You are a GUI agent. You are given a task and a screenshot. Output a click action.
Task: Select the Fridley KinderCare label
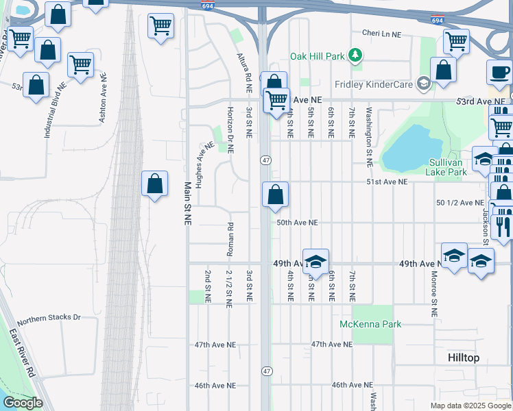tap(374, 84)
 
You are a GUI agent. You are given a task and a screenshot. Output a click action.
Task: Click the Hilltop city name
tap(463, 358)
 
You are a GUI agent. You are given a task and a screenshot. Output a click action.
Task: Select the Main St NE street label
tap(187, 203)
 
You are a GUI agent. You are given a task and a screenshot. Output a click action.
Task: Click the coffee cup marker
tap(499, 72)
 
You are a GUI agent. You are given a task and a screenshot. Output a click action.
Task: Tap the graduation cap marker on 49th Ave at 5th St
tap(315, 261)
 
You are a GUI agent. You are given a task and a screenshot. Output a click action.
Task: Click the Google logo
tap(23, 403)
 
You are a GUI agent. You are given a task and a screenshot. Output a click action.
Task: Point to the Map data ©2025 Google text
tap(470, 406)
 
